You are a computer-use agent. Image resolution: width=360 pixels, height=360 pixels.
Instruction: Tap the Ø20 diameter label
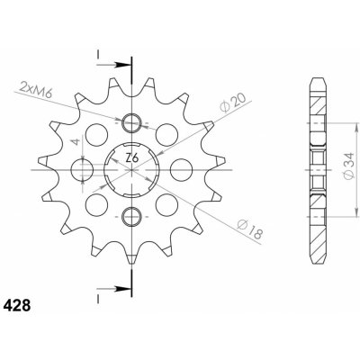click(232, 102)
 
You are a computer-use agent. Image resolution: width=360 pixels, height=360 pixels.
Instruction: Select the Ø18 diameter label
click(250, 229)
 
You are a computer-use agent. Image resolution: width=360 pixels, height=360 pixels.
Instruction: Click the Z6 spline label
click(131, 158)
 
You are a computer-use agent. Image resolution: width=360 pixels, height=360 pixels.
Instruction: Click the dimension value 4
click(77, 141)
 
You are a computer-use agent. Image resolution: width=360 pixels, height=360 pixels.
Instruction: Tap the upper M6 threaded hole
click(131, 123)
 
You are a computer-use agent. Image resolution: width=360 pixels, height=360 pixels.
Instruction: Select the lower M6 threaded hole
click(131, 216)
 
